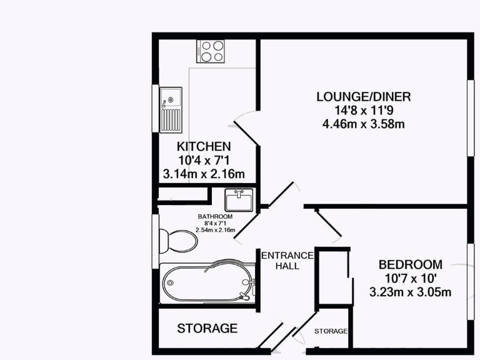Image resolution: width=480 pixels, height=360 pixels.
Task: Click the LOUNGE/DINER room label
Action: click(362, 97)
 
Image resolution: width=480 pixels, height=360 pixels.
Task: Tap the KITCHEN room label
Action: click(203, 146)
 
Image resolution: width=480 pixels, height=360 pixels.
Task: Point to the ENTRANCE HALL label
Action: click(287, 260)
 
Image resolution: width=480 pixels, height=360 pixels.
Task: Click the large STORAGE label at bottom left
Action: click(207, 328)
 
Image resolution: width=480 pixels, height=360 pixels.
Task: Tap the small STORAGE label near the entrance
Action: click(331, 331)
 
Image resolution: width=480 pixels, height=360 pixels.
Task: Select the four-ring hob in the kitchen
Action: click(212, 51)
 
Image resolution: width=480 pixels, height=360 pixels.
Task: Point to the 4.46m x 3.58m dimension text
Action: click(362, 124)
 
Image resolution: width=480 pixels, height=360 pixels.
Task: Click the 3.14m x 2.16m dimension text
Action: click(203, 174)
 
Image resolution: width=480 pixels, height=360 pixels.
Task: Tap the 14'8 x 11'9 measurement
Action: click(362, 111)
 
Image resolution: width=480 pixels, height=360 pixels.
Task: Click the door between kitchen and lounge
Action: click(245, 128)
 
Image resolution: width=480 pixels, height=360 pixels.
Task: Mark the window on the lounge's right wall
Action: click(470, 117)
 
